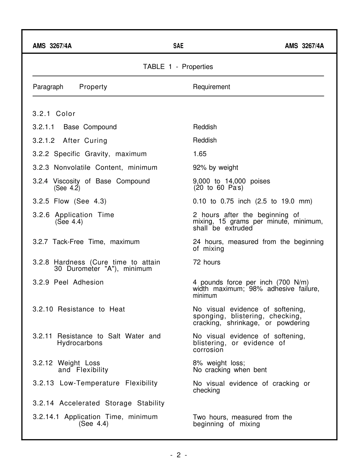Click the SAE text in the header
(178, 46)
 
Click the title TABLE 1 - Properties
(178, 67)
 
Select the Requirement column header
(211, 87)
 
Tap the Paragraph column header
(48, 87)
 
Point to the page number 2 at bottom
(178, 455)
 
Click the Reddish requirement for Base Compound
(205, 127)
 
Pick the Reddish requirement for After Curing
(205, 140)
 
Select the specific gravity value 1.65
(200, 154)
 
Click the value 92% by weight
(215, 167)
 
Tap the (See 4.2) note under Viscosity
(67, 188)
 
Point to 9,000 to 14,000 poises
(231, 181)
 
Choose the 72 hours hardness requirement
(207, 262)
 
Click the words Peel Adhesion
(78, 282)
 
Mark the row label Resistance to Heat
(91, 309)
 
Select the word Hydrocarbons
(80, 343)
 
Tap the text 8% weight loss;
(219, 363)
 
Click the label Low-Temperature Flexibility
(108, 383)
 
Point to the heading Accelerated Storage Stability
(112, 403)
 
